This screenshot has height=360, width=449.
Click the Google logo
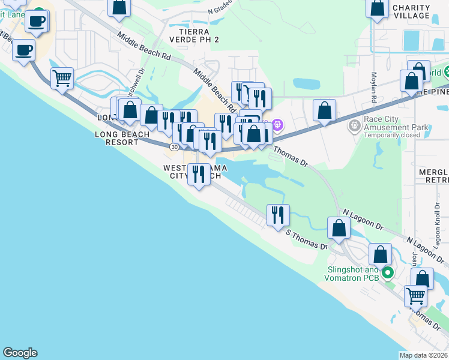[20, 353]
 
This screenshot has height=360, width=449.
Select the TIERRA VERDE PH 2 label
[190, 35]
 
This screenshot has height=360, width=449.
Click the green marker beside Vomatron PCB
[388, 274]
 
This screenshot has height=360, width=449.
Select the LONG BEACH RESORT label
[122, 139]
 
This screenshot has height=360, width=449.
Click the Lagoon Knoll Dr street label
[436, 221]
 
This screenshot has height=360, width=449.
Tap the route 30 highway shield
[173, 146]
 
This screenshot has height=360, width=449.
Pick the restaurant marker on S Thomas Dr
[278, 215]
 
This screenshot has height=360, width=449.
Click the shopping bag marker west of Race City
[324, 110]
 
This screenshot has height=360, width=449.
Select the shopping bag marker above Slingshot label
[381, 254]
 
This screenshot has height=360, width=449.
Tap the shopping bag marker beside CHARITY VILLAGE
[378, 8]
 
